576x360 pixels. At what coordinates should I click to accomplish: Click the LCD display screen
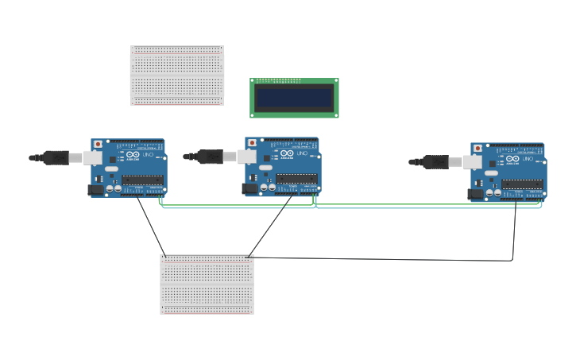pos(294,98)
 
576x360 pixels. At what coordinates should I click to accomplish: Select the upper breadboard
pos(177,75)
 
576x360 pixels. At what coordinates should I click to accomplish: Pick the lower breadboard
pos(207,284)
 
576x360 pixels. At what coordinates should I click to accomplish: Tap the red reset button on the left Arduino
pos(98,144)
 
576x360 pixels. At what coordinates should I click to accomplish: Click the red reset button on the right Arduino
pos(477,148)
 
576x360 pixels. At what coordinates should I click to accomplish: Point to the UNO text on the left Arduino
pos(148,154)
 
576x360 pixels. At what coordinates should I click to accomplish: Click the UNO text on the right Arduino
pos(528,158)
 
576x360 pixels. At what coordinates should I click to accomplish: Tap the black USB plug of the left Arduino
pos(56,157)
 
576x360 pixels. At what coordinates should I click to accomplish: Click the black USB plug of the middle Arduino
pos(210,157)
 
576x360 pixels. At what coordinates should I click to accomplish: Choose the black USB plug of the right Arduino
pos(435,161)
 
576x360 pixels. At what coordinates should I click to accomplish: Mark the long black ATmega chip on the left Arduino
pos(142,180)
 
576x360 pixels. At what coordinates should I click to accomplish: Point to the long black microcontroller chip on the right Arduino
pos(523,184)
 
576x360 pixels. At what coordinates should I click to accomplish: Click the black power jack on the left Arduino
pos(95,190)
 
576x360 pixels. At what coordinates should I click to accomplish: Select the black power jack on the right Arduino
pos(475,193)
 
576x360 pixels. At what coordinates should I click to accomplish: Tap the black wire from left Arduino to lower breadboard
pos(151,226)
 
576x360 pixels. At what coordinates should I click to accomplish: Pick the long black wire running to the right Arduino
pos(381,259)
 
